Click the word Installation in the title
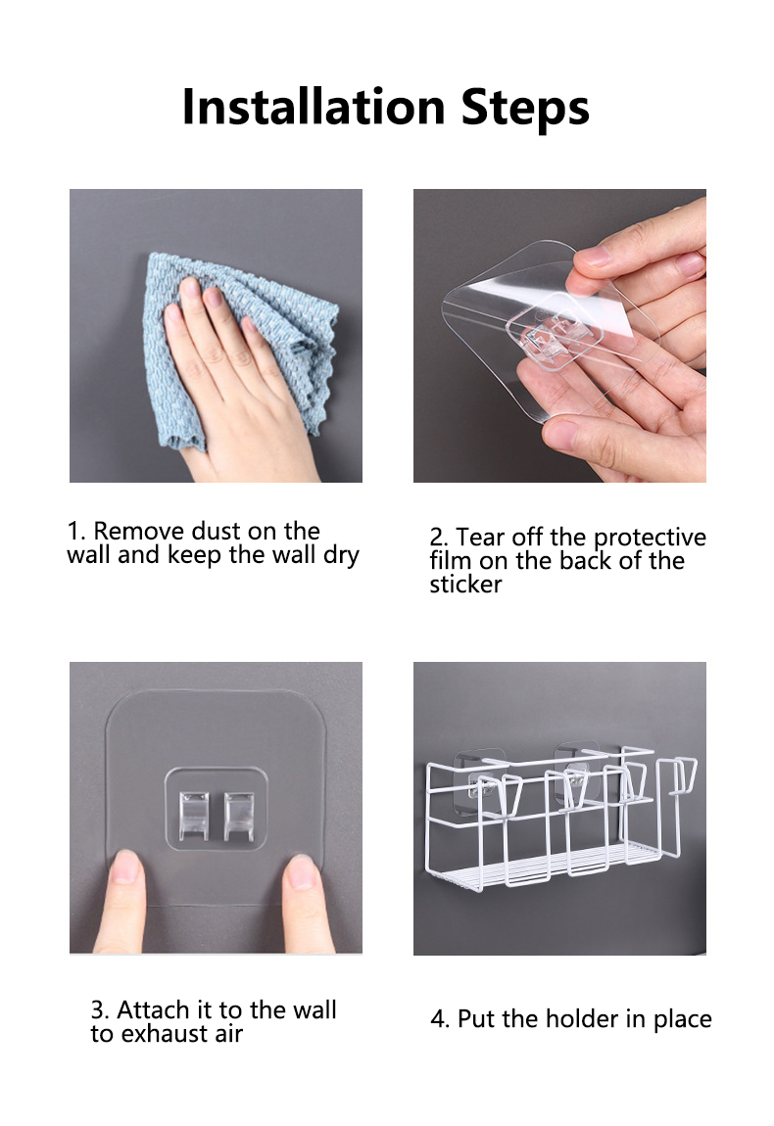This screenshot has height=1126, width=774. pyautogui.click(x=314, y=107)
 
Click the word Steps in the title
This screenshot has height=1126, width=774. pyautogui.click(x=525, y=109)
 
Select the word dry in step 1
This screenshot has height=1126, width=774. pyautogui.click(x=341, y=556)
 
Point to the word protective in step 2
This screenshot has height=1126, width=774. pyautogui.click(x=650, y=538)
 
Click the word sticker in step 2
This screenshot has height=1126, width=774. pyautogui.click(x=465, y=585)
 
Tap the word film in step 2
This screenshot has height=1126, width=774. pyautogui.click(x=452, y=561)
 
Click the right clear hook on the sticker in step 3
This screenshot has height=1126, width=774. pyautogui.click(x=239, y=816)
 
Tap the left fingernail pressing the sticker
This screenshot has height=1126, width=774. pyautogui.click(x=125, y=867)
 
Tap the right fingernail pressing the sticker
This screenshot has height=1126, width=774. pyautogui.click(x=301, y=871)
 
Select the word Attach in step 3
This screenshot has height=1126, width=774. pyautogui.click(x=150, y=1009)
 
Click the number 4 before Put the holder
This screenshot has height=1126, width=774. pyautogui.click(x=437, y=1019)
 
